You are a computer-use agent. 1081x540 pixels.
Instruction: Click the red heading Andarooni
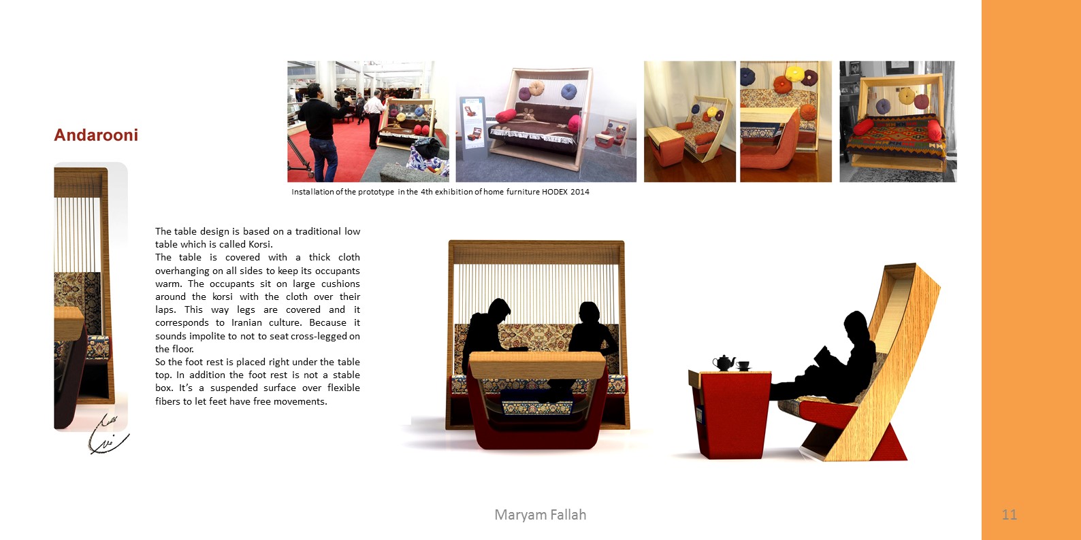tap(96, 135)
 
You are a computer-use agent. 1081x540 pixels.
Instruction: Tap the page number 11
tap(1009, 515)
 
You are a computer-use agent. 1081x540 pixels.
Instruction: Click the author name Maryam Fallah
tap(540, 515)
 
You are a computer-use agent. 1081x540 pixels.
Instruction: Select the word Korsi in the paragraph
tap(259, 244)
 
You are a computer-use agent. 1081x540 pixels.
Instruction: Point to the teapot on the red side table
tap(724, 362)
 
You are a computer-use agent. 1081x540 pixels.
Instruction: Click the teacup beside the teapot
tap(743, 366)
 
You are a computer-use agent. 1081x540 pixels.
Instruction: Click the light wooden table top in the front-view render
tap(537, 365)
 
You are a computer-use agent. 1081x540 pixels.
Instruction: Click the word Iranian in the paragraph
tap(247, 323)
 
